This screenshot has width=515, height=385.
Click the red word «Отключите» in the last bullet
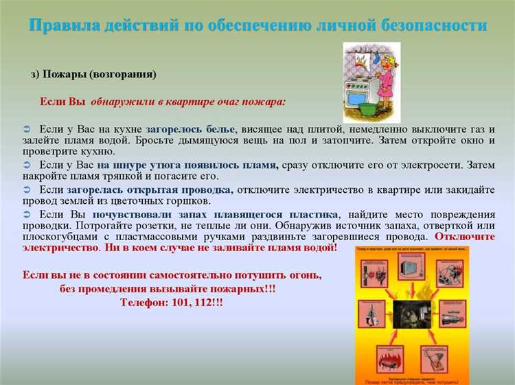click(x=468, y=236)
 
